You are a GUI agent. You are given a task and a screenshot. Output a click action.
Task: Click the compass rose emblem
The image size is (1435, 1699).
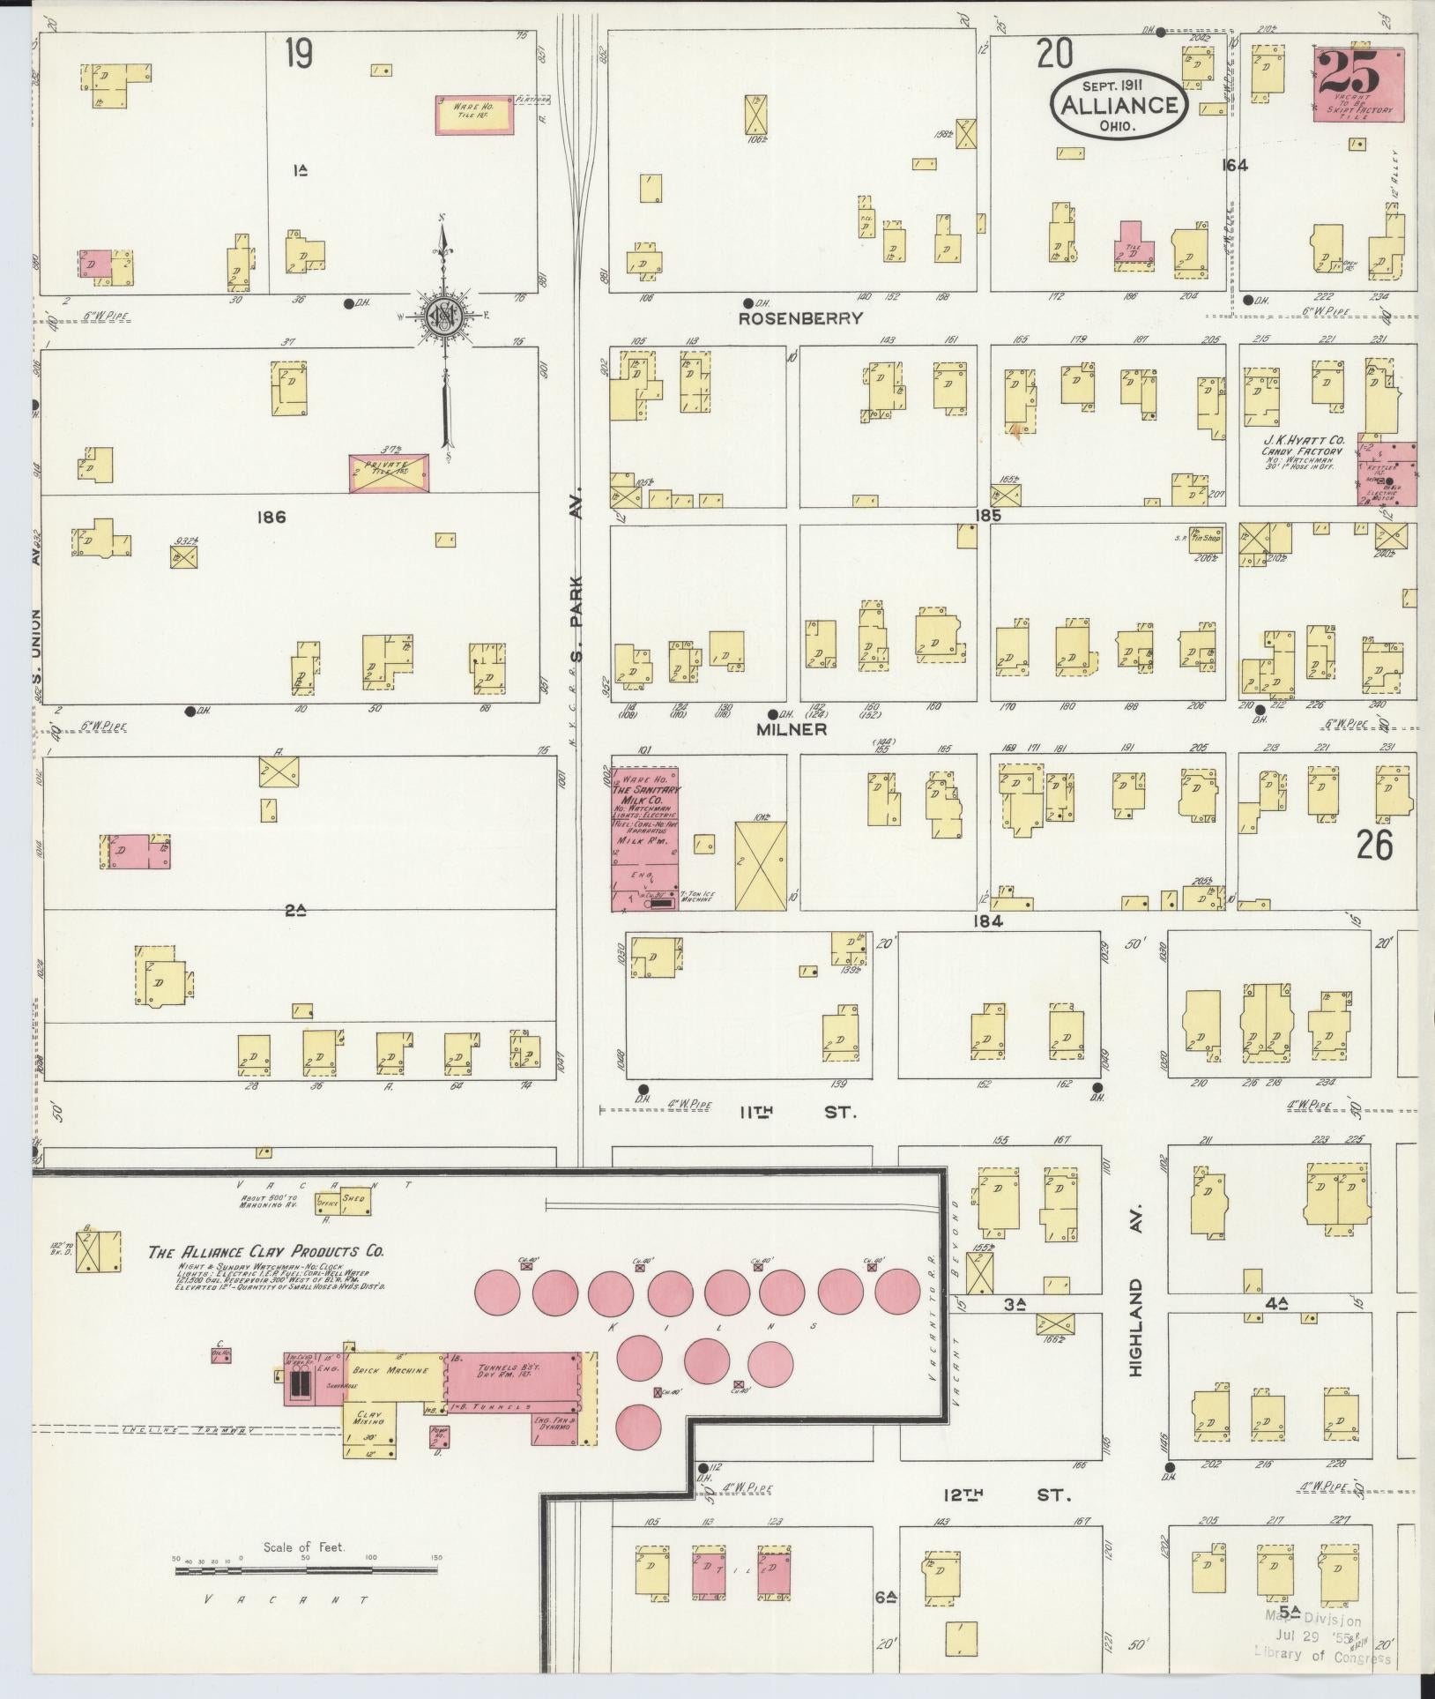pos(444,316)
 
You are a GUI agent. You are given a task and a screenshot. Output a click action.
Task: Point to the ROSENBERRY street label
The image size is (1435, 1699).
pos(800,318)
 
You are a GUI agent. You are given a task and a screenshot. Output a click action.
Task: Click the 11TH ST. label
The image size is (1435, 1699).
pos(798,1113)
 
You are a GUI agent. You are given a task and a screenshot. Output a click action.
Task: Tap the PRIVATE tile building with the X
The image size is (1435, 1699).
pos(389,473)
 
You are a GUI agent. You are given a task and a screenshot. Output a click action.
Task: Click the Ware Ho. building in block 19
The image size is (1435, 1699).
pos(474,116)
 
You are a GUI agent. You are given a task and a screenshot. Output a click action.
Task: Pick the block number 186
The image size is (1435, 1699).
pos(271,517)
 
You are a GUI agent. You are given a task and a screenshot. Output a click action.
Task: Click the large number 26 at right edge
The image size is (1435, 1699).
pos(1374,846)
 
